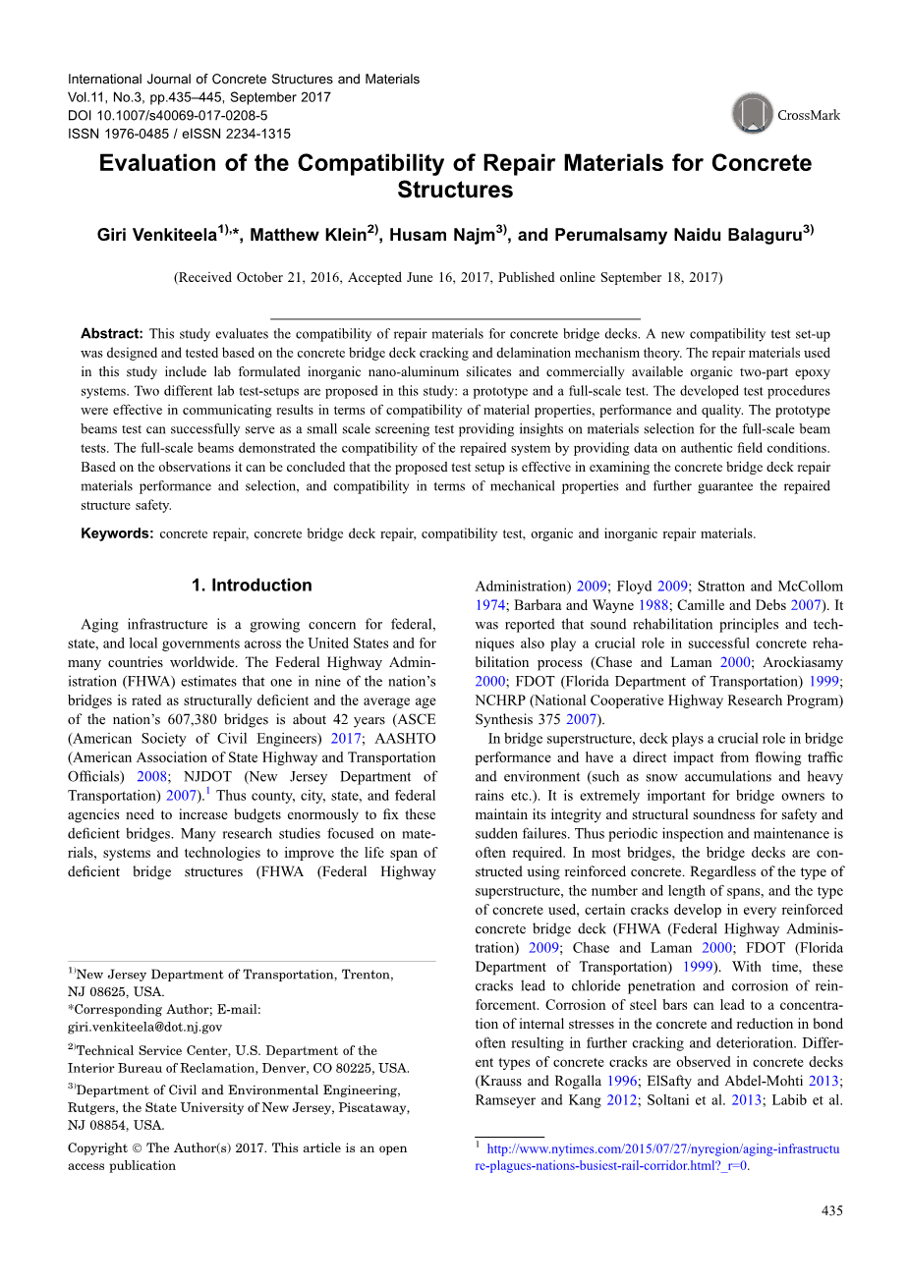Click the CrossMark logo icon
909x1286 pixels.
[753, 114]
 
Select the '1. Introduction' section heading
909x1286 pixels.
[252, 586]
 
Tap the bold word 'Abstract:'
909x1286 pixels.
[112, 334]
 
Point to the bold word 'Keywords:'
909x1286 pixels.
[117, 533]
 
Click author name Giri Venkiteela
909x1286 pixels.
[157, 235]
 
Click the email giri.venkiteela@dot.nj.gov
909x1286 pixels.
[144, 1027]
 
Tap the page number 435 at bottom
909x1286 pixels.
[831, 1210]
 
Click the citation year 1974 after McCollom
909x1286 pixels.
[489, 605]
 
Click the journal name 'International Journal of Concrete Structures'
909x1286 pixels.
[243, 79]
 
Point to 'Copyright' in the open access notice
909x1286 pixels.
[97, 1147]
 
